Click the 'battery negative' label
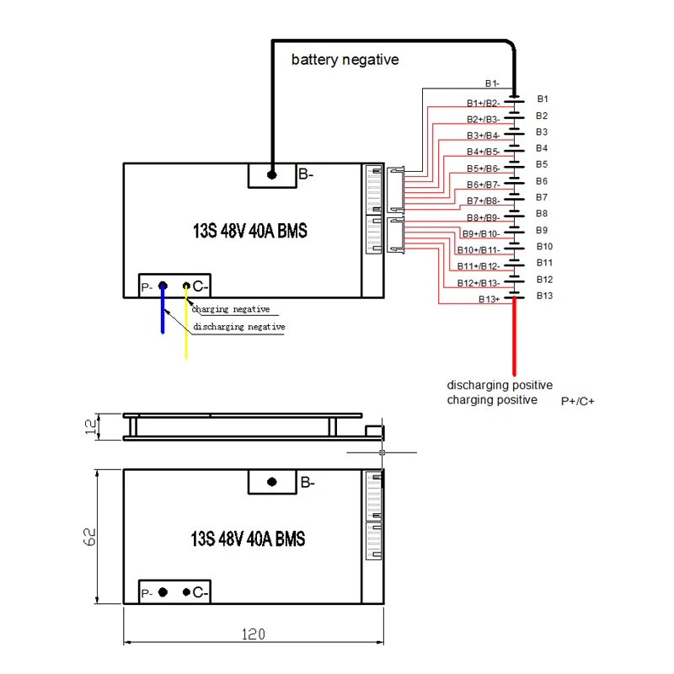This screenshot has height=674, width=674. [x=345, y=60]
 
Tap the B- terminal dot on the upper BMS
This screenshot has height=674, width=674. [x=272, y=175]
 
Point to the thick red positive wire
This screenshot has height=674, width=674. [x=513, y=337]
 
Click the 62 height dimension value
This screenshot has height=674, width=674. [x=90, y=536]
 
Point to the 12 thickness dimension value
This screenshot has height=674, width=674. [x=90, y=426]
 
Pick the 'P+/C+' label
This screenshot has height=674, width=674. [x=578, y=402]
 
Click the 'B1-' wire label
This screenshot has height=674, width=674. [x=491, y=83]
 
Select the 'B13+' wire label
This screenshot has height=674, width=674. [x=489, y=299]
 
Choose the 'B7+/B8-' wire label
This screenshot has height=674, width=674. [x=483, y=201]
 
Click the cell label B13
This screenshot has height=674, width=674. [x=544, y=295]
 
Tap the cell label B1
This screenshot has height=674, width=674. [x=543, y=99]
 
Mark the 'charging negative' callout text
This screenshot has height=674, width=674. [x=230, y=309]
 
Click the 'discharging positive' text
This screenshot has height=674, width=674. [x=500, y=385]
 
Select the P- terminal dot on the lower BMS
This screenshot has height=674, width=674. [x=163, y=592]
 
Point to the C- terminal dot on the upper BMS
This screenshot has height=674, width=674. [x=186, y=286]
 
